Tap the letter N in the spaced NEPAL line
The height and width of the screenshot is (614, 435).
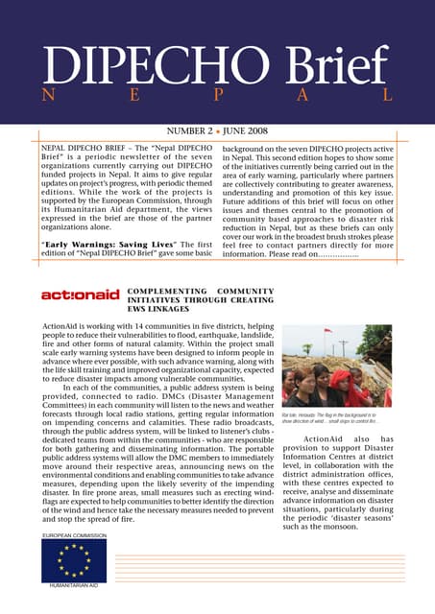(46, 97)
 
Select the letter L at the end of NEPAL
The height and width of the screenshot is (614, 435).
(387, 97)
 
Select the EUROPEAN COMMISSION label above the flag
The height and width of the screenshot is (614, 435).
(73, 534)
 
